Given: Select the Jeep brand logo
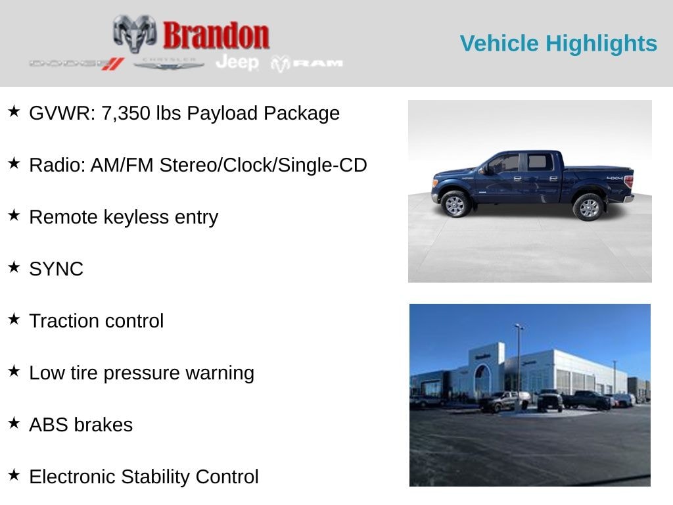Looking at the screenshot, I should point(237,62).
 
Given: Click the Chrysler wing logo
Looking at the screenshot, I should point(169,63).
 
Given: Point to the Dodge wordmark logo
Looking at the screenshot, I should point(76,64).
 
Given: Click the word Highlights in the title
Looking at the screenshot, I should point(601,43).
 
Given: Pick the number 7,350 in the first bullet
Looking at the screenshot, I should point(126,113).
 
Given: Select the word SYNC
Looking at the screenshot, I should point(56,269).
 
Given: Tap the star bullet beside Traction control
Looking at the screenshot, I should point(14,320).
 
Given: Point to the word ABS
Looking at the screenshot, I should point(48,425).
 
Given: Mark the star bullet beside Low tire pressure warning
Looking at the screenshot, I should point(14,372).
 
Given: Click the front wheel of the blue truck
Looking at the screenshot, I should point(455,204).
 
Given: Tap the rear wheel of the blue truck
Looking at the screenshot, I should point(588,207).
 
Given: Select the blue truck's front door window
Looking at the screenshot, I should point(505,164).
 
